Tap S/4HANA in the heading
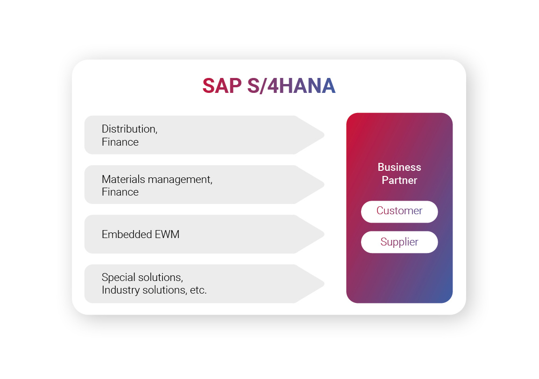tap(291, 86)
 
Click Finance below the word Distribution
tap(120, 142)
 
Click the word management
tap(179, 179)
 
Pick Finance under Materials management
tap(120, 192)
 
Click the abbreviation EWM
tap(167, 234)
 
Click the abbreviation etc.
tap(198, 290)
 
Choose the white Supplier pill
tap(399, 242)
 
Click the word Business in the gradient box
tap(399, 167)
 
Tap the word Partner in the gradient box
tap(399, 180)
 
